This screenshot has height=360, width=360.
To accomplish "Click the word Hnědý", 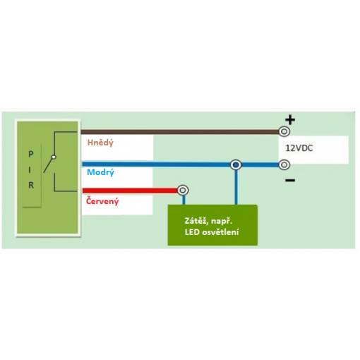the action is (100, 143).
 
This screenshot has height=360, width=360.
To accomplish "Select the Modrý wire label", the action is (100, 172).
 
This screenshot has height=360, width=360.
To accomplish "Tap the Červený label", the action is (102, 201).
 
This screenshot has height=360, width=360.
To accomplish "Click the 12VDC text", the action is (299, 148).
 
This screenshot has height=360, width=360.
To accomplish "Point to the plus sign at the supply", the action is (290, 120).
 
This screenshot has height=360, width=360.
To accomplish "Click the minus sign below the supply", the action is (290, 181).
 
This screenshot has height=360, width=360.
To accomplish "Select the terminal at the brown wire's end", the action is (284, 131).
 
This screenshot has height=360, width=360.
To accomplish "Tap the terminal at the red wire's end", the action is (183, 190).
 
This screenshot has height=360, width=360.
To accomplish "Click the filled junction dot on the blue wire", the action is (236, 164).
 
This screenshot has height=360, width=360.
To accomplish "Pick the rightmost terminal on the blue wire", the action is (284, 164).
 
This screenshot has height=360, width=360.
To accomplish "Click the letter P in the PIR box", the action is (31, 155).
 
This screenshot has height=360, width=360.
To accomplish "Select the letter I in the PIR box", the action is (30, 170).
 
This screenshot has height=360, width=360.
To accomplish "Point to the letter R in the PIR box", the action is (31, 185).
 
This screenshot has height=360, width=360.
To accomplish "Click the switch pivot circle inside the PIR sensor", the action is (54, 157).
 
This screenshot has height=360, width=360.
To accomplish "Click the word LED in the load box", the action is (192, 232).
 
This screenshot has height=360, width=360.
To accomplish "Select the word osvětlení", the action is (220, 232).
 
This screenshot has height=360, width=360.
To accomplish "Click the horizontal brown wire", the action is (180, 132).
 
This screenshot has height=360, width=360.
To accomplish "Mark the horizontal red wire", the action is (130, 191).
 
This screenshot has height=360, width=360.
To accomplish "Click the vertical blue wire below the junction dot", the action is (236, 187).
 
